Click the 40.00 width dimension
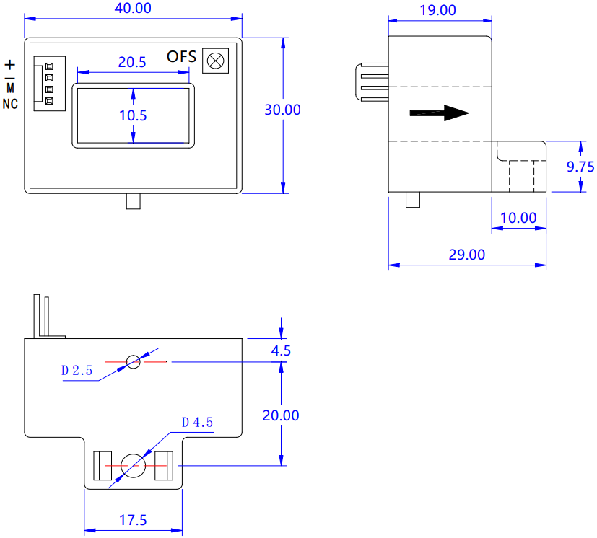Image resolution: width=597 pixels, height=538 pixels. click(x=133, y=8)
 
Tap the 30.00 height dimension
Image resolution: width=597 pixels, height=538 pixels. click(x=282, y=110)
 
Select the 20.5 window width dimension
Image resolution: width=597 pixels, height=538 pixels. click(x=131, y=62)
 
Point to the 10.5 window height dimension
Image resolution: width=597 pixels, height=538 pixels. click(x=133, y=115)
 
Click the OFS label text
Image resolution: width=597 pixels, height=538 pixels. click(x=181, y=57)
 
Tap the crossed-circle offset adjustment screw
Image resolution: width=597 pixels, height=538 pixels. click(x=216, y=61)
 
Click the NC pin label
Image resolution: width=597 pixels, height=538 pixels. click(x=10, y=104)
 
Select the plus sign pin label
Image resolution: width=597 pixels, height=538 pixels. click(x=10, y=65)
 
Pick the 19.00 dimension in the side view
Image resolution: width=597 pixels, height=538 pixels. click(x=438, y=10)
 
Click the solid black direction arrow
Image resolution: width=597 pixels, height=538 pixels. click(x=439, y=113)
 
